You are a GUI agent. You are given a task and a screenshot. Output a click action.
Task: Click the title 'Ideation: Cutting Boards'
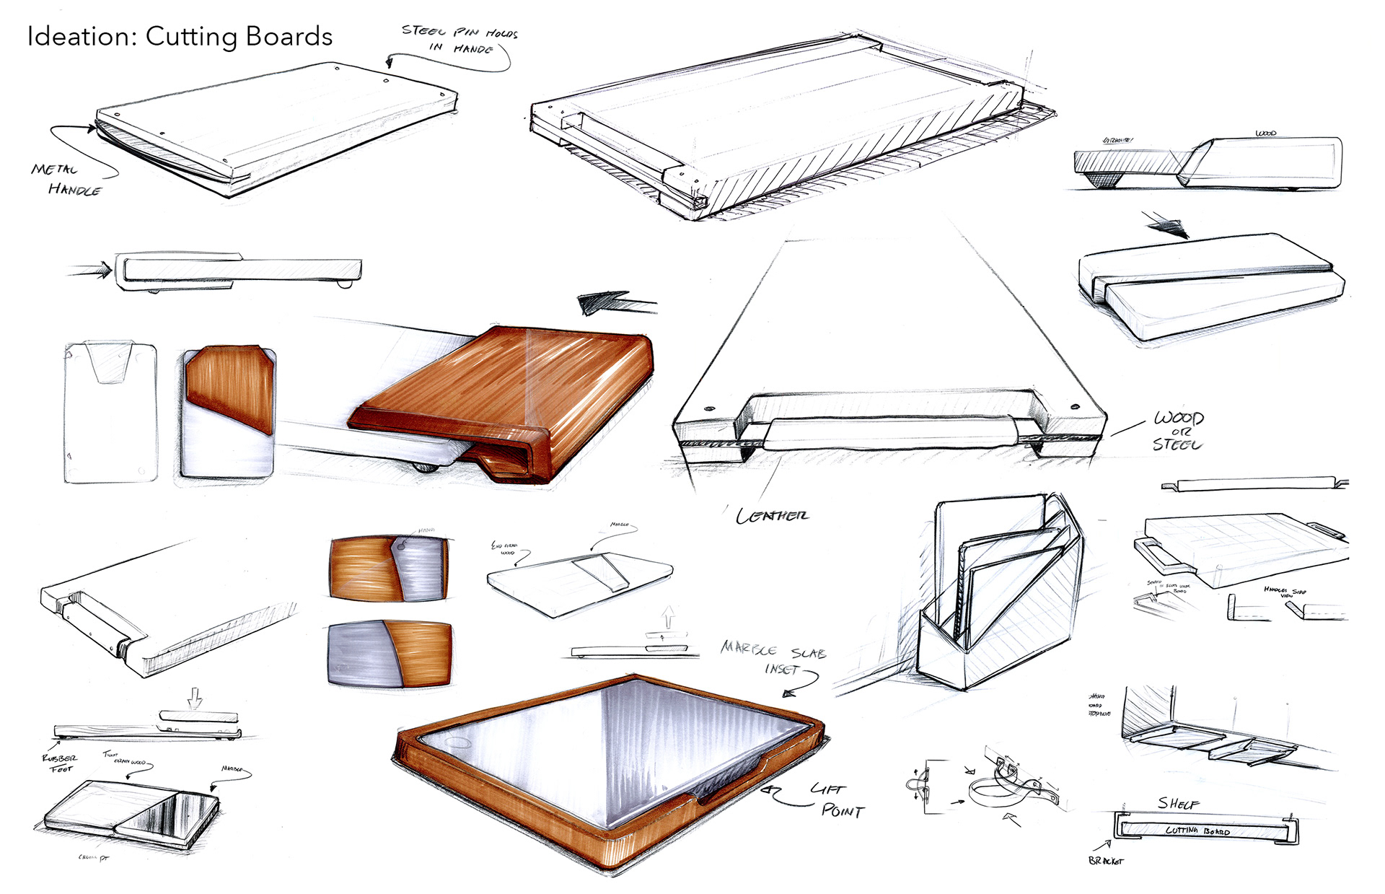[180, 37]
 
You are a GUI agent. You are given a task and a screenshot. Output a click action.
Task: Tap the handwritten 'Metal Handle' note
[66, 180]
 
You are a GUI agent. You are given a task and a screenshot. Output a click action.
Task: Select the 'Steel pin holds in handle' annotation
[460, 40]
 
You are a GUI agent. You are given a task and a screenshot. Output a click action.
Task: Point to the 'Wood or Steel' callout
[1177, 431]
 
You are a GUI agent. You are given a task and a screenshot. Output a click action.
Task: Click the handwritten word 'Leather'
[772, 516]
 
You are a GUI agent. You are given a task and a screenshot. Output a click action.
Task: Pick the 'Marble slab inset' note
[773, 659]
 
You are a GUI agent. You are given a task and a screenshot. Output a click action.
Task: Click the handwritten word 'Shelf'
[1178, 803]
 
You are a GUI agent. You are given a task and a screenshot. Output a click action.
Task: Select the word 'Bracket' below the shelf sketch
[1105, 861]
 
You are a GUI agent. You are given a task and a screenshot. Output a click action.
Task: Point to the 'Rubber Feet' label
[61, 763]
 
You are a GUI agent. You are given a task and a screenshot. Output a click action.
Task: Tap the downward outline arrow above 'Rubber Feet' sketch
[194, 698]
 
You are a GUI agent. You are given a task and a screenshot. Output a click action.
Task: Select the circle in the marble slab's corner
[458, 742]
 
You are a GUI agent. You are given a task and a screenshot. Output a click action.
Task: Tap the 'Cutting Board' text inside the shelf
[1197, 831]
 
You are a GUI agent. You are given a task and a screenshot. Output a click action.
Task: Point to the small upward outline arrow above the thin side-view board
[669, 617]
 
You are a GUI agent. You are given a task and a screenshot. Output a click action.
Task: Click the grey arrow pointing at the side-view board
[90, 271]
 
